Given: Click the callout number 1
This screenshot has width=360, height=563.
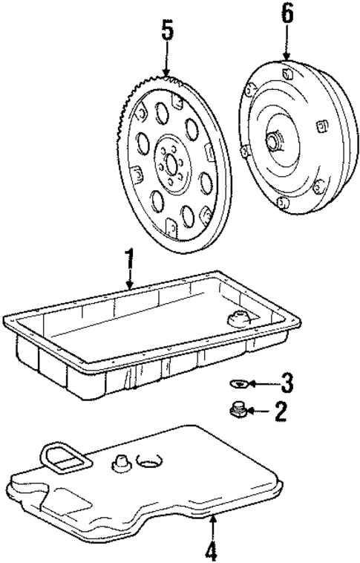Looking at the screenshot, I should click(129, 262).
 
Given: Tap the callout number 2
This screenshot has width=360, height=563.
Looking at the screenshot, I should click(280, 411).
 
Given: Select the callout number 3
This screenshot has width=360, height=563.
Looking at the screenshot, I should click(287, 383).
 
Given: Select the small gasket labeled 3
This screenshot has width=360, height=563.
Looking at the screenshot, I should click(237, 383).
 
